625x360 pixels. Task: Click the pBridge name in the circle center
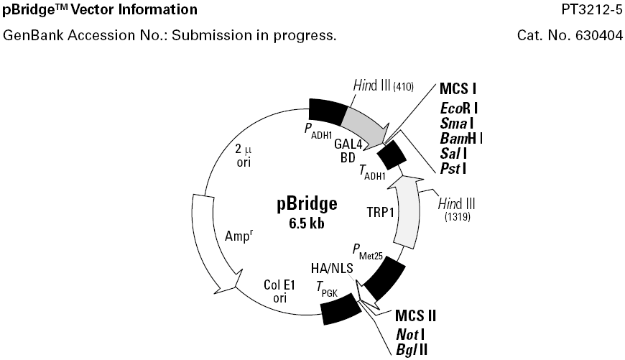307,205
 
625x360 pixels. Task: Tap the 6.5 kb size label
307,223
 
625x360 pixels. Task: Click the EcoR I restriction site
460,108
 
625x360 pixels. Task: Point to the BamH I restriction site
462,138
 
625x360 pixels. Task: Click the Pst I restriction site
456,169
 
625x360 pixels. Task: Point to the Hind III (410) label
383,86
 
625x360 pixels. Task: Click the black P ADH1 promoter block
328,109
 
